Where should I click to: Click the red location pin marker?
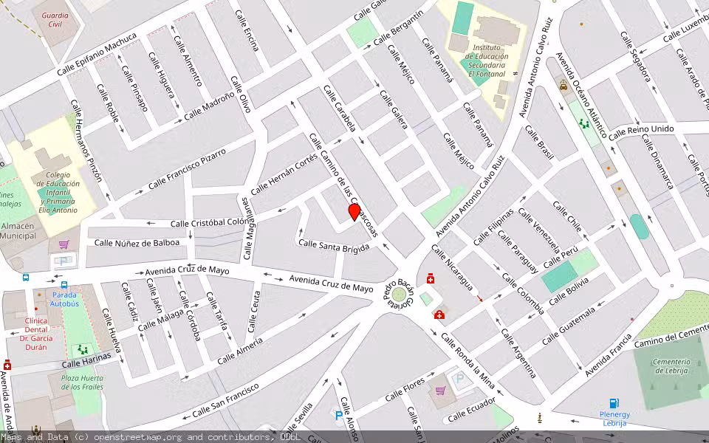[354, 213]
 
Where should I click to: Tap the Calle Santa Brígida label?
[334, 246]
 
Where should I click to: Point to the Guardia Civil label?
[55, 19]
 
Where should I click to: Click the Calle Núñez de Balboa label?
[137, 242]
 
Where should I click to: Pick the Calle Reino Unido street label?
[640, 130]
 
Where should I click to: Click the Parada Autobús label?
[64, 299]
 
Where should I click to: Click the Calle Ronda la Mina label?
[467, 360]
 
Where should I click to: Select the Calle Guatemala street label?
[568, 326]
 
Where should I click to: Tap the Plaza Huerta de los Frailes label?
[81, 382]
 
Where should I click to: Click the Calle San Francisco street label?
[225, 399]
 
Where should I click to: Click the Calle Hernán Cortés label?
[284, 176]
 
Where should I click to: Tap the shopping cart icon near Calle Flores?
[440, 390]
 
